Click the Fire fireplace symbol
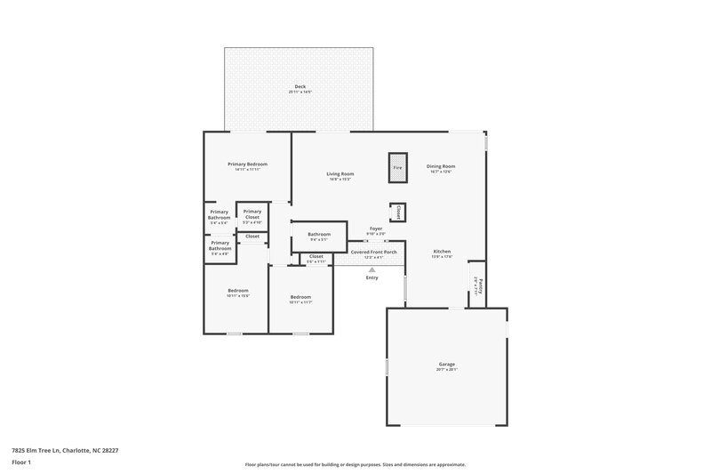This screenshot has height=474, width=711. [x=397, y=167]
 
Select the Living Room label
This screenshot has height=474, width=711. [x=340, y=173]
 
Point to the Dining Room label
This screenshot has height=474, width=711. [x=441, y=166]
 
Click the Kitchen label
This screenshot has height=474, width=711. [x=442, y=252]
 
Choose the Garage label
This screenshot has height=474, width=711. [x=446, y=364]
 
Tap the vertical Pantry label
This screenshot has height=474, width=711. [x=476, y=283]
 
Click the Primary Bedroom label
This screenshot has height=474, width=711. [x=247, y=164]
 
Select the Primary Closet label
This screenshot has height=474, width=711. [x=252, y=214]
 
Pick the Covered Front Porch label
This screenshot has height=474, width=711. [x=373, y=252]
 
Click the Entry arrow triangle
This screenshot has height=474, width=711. [x=371, y=269]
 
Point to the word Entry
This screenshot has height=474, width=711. [x=371, y=278]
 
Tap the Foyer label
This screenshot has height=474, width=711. [x=376, y=229]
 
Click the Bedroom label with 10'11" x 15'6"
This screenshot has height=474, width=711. [x=237, y=291]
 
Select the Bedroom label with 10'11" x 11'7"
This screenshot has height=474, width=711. [x=300, y=297]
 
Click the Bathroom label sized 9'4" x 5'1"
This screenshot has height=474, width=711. [x=319, y=235]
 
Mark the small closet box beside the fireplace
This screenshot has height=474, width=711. [x=397, y=212]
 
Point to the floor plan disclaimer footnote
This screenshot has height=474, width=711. [x=355, y=464]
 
